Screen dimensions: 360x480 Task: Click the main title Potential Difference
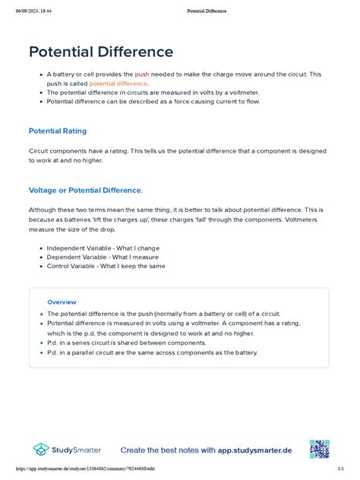101,52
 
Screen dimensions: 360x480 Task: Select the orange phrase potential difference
118,84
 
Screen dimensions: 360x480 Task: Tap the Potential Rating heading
65,131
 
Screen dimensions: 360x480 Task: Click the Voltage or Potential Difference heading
85,190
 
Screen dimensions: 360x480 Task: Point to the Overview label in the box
62,302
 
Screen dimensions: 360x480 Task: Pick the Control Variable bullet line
106,267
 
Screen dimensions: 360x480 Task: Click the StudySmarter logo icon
41,450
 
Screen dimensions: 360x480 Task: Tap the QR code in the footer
319,450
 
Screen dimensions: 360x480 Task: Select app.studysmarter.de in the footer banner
255,450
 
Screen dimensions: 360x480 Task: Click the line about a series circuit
127,343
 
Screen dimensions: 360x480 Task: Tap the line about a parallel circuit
152,352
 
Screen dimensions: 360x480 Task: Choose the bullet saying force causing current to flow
153,101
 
